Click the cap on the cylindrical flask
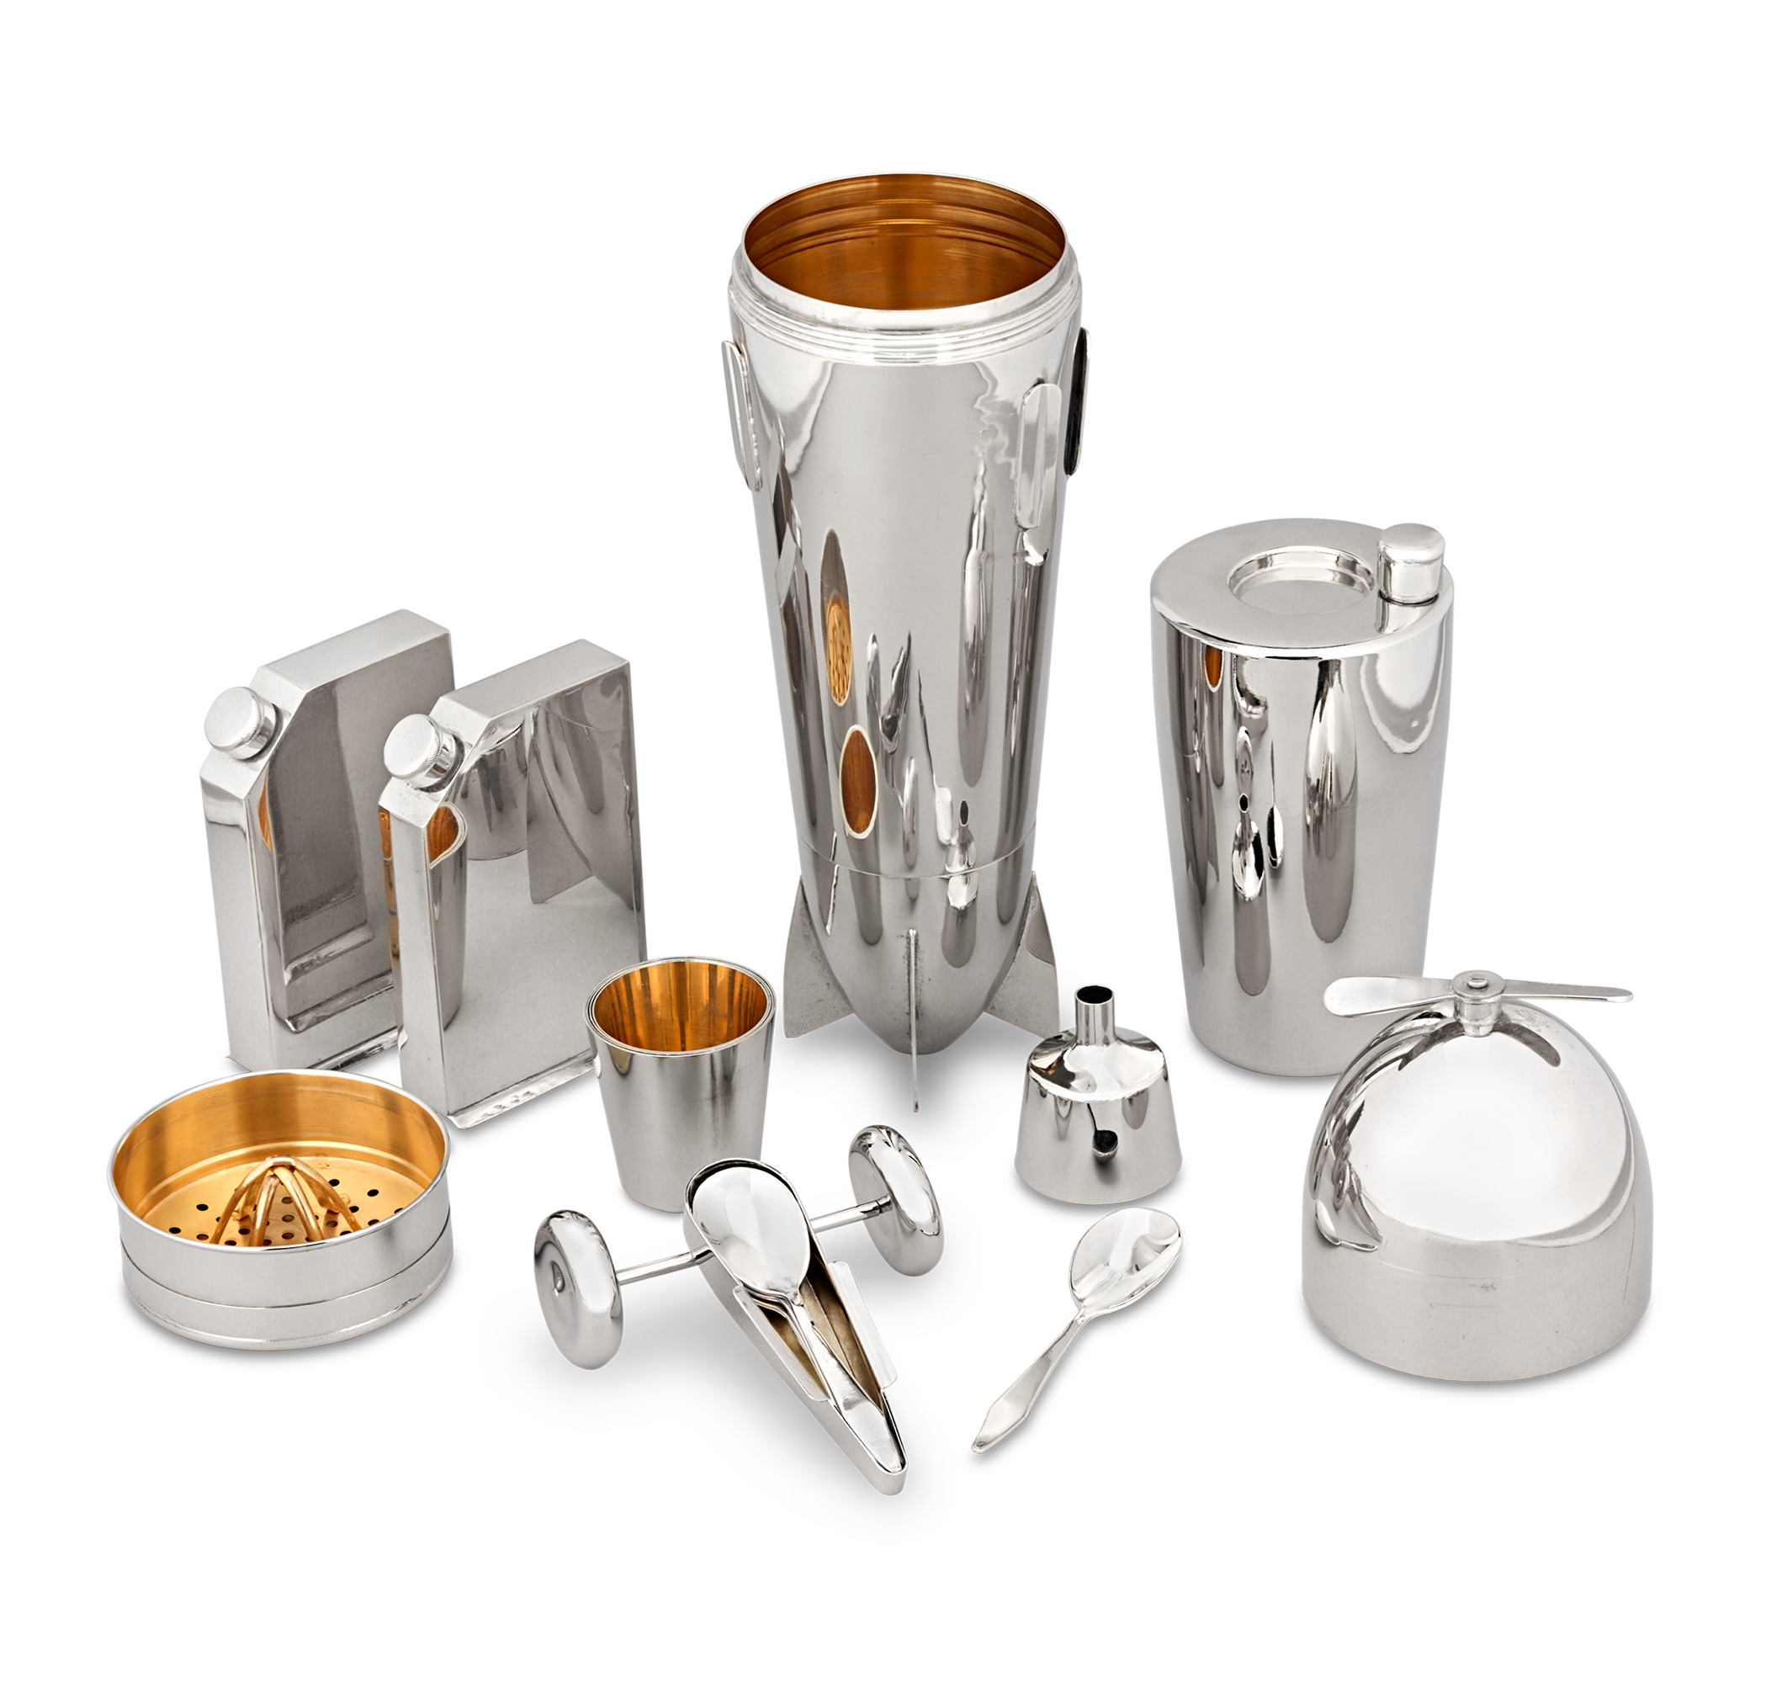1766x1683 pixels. [x=1410, y=561]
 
